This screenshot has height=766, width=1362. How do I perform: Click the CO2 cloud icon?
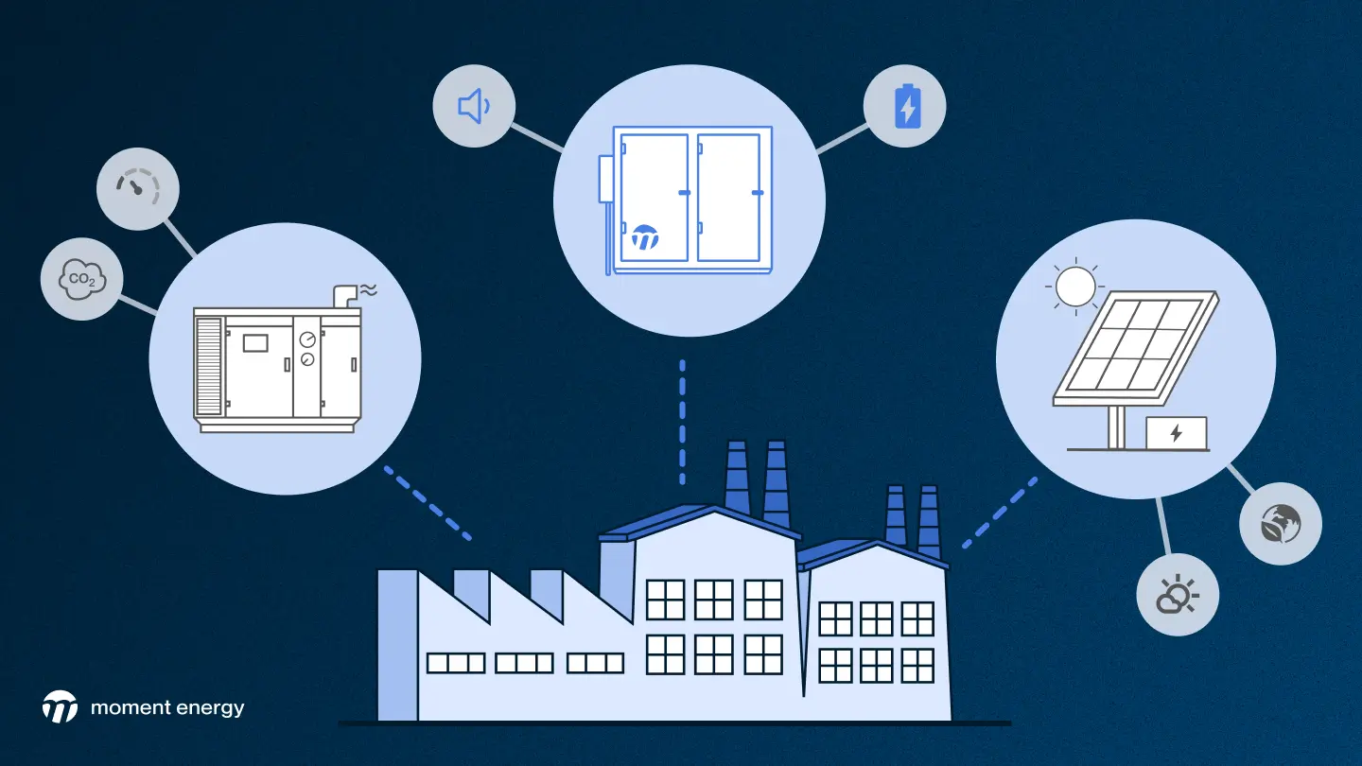coord(81,279)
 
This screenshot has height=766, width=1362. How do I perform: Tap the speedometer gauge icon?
coord(138,187)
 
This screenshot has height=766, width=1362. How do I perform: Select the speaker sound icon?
coord(473,106)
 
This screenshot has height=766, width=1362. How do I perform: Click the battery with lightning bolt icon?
coord(906,105)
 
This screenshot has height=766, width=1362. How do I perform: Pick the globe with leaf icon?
coord(1280,523)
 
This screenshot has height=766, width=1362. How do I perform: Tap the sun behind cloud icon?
coord(1177,595)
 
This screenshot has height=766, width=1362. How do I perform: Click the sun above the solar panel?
coord(1074,286)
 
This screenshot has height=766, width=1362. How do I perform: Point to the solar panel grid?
coord(1135,346)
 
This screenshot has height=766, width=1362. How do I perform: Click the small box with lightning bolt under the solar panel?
coord(1176,433)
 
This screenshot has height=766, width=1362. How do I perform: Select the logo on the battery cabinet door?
coord(645,236)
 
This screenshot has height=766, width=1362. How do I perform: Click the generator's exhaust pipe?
coord(345,295)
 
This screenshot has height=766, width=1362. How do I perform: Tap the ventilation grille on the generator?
coord(208,366)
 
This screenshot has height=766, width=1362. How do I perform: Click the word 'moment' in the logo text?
coord(130,707)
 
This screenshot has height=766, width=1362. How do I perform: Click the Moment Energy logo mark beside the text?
coord(60,706)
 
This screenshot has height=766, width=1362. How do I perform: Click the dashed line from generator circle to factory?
coord(428,502)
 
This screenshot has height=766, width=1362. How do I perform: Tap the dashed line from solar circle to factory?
coord(999,513)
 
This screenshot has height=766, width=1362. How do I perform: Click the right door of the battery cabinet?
coord(729,197)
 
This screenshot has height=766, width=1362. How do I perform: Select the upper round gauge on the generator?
coord(307,339)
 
